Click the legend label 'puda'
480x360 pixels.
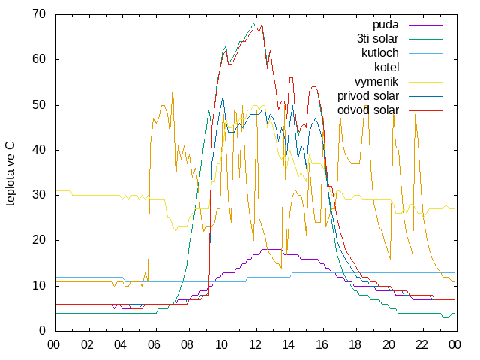click(385, 25)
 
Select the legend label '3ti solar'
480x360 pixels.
click(378, 39)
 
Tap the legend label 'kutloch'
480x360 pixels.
click(380, 53)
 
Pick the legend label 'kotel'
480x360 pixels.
click(387, 67)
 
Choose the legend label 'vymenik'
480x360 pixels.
click(376, 82)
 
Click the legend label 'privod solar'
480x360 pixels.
click(368, 96)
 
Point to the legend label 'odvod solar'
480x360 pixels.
click(368, 110)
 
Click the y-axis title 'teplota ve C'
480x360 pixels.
click(10, 173)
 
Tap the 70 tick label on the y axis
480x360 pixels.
click(39, 14)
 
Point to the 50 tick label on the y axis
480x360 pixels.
click(39, 105)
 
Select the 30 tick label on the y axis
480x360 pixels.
click(39, 195)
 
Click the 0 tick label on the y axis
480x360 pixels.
click(42, 331)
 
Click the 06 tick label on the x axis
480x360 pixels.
click(154, 345)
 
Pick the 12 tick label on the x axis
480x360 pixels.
click(255, 345)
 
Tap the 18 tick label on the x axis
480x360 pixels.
click(355, 345)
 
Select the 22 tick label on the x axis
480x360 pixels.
click(421, 345)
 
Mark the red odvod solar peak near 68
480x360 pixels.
click(262, 24)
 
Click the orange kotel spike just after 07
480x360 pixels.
click(172, 87)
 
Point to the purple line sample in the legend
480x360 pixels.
click(425, 25)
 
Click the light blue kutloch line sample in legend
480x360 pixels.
click(425, 53)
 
